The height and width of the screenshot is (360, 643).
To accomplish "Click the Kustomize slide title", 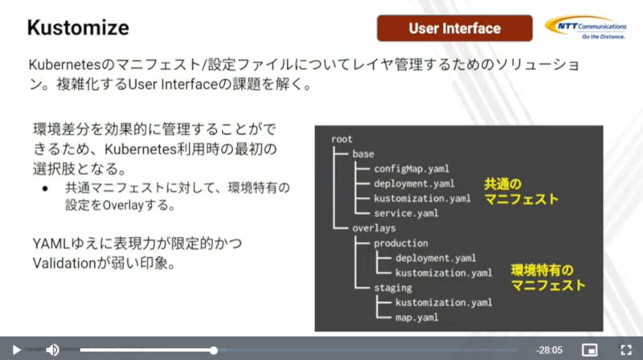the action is click(78, 28).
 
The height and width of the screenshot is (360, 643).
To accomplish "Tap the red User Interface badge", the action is click(454, 28).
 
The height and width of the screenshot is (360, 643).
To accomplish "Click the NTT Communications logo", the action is click(586, 27).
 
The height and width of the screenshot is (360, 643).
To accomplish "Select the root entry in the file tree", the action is click(342, 139).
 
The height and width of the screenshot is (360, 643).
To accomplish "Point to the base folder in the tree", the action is click(363, 153).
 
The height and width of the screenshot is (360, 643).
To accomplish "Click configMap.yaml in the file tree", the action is click(412, 169).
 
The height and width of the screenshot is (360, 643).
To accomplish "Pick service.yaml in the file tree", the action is click(406, 213).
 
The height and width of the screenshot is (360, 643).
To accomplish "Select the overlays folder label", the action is click(374, 228).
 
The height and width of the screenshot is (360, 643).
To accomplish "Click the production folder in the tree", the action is click(400, 243).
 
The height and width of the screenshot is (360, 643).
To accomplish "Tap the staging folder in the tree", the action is click(392, 288).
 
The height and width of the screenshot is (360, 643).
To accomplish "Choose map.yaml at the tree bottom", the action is click(416, 317).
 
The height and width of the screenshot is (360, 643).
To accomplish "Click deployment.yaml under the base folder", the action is click(414, 183).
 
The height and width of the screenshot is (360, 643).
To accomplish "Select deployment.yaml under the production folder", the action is click(436, 258).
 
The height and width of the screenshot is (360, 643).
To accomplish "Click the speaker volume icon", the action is click(52, 350).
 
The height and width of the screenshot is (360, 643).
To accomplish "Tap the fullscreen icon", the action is click(626, 350).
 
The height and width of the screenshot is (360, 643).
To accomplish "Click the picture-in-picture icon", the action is click(589, 350).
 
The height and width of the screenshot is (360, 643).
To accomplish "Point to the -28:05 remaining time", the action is click(549, 350).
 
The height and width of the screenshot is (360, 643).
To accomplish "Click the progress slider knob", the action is click(214, 350).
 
